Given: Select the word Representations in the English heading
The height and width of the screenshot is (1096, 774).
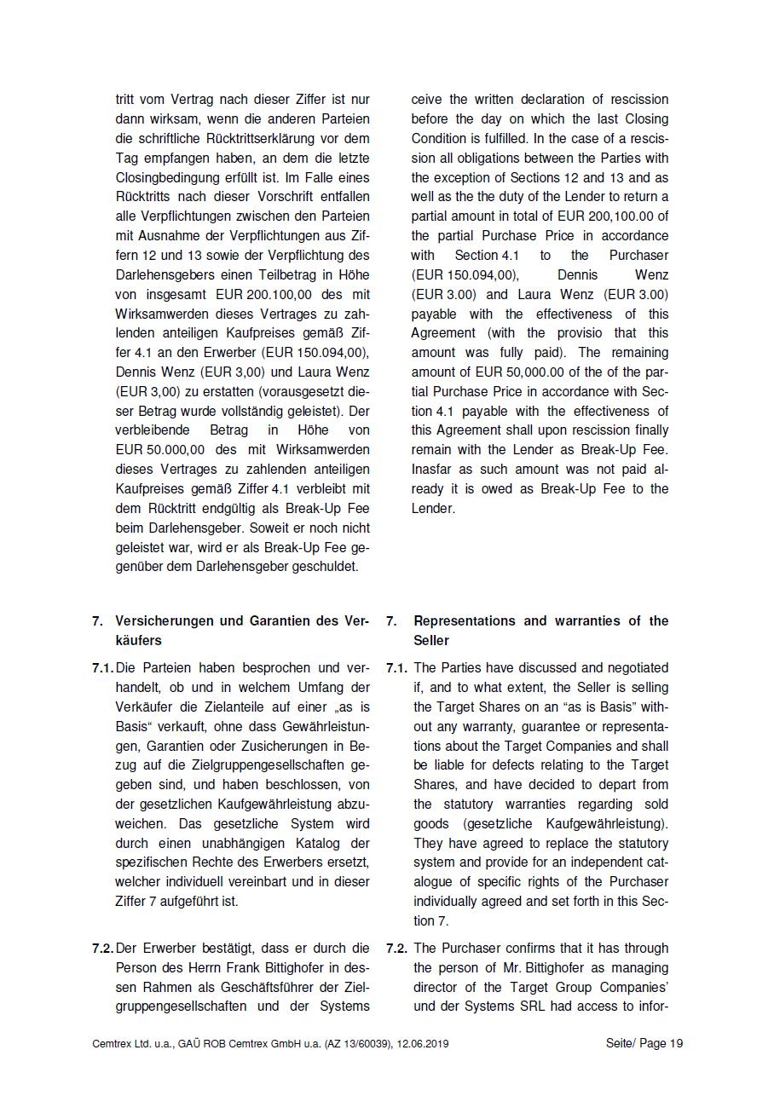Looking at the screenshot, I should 464,620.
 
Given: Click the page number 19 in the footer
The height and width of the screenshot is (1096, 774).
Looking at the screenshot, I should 676,1043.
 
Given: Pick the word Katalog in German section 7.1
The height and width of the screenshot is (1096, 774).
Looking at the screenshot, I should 300,843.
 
